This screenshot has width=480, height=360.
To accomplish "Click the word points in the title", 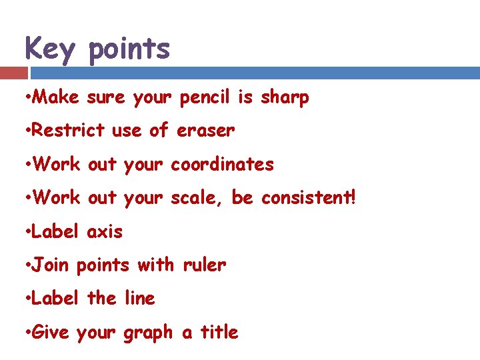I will pos(129,50).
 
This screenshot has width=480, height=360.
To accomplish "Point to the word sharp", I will pos(285,98).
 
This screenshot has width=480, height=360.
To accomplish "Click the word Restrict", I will pos(69,131).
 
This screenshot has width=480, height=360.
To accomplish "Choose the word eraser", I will pos(205,131).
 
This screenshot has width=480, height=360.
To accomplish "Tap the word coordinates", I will pos(222,164).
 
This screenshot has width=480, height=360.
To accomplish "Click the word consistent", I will pos(306,198).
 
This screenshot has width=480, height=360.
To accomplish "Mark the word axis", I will pos(105,232).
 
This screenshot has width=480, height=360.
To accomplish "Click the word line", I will pos(139,299).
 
